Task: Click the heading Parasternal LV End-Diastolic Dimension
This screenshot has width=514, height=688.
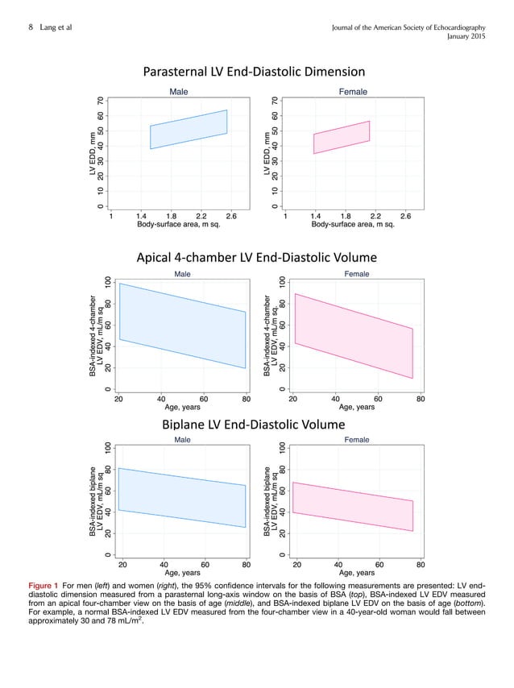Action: coord(254,73)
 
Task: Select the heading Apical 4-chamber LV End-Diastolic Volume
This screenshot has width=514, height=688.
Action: coord(256,258)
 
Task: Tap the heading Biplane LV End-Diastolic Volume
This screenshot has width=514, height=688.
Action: coord(256,424)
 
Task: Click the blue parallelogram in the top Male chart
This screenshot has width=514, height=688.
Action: coord(189,130)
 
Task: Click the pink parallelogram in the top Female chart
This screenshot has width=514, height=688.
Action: coord(342,138)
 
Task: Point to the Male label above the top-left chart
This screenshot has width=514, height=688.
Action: coord(178,92)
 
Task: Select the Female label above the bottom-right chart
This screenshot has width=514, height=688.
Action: coord(356,440)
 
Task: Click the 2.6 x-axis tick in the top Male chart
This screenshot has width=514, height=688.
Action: coord(231,216)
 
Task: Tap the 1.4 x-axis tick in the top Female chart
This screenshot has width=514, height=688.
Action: coord(315,216)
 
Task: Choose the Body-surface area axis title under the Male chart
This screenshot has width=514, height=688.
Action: coord(178,225)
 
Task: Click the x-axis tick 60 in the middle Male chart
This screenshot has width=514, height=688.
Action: coord(204,398)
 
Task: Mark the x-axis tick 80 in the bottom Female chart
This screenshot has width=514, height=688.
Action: coord(421,565)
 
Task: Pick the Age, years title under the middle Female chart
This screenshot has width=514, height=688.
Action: coord(355,408)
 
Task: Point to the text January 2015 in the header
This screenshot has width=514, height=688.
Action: coord(481,36)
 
